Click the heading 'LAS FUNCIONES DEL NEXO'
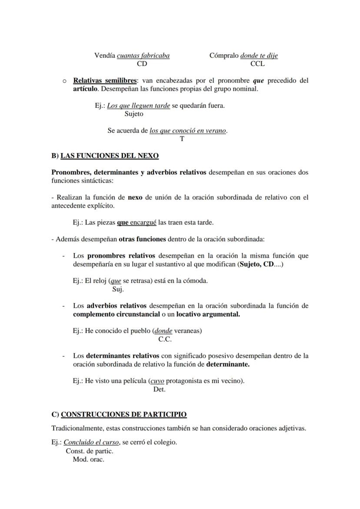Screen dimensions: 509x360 point(110,156)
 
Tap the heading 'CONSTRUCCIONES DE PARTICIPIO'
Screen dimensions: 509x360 point(123,415)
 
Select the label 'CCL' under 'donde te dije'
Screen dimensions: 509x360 point(257,64)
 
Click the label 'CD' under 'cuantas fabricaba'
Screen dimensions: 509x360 point(142,64)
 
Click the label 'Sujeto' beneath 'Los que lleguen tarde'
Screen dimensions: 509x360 point(134,114)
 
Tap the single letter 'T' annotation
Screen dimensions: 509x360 point(182,139)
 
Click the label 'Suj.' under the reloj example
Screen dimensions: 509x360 point(118,289)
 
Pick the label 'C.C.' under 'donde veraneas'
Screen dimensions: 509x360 point(165,339)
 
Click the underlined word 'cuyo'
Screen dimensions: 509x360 point(157,381)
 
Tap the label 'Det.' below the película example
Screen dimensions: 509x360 point(160,389)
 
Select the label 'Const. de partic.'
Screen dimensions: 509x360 point(90,451)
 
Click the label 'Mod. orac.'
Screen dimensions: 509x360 point(89,459)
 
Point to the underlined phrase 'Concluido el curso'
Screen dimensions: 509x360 point(92,442)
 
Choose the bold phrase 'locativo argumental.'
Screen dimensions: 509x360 point(208,314)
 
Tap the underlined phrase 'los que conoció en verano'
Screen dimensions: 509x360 point(188,130)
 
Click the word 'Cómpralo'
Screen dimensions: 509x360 point(224,56)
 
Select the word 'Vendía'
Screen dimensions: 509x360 point(105,56)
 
